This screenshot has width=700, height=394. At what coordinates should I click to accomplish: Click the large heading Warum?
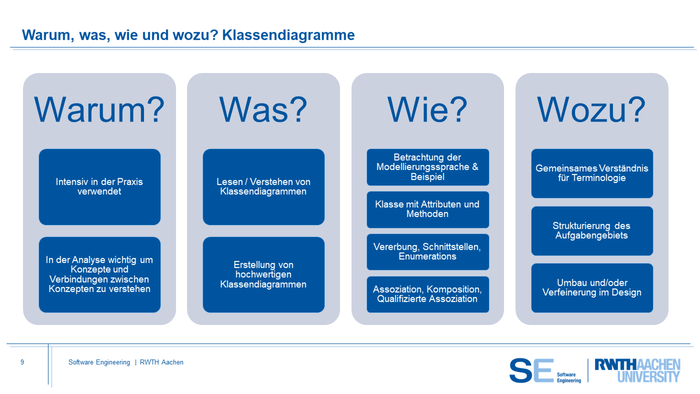click(x=99, y=109)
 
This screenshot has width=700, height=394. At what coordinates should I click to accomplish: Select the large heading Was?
click(x=263, y=109)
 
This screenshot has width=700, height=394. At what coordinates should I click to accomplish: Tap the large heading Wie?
click(x=427, y=109)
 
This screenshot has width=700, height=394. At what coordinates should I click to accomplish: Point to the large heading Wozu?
click(x=591, y=109)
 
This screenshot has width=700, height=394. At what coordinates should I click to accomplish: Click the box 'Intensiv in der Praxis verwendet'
click(x=99, y=187)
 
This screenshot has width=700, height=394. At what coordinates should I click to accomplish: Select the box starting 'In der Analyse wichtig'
click(x=99, y=274)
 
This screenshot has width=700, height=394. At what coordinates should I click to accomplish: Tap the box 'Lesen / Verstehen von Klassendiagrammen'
click(x=263, y=187)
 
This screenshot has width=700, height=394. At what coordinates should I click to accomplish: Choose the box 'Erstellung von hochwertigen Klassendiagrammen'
click(x=263, y=274)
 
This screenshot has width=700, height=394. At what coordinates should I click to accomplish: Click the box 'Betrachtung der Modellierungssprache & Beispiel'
click(x=428, y=167)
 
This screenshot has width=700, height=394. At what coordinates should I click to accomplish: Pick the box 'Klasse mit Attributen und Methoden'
click(x=428, y=209)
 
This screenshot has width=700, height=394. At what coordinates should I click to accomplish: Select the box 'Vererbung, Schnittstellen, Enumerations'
click(x=428, y=252)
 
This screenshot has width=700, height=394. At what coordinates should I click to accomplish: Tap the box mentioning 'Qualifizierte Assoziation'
click(x=428, y=294)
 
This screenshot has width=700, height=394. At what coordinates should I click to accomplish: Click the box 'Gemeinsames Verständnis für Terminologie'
click(x=592, y=173)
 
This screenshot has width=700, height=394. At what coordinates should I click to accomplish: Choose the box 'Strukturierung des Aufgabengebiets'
click(x=592, y=231)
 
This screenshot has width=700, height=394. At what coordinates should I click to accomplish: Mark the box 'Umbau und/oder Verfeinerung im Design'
click(x=592, y=288)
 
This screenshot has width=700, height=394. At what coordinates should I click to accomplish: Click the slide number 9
click(x=22, y=362)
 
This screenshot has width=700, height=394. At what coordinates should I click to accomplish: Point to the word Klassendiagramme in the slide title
click(x=288, y=35)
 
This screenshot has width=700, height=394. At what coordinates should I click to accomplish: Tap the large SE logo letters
click(x=531, y=370)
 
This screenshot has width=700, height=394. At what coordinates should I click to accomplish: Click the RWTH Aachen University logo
click(x=637, y=370)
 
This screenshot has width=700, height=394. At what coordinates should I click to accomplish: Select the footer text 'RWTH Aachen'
click(x=161, y=362)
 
